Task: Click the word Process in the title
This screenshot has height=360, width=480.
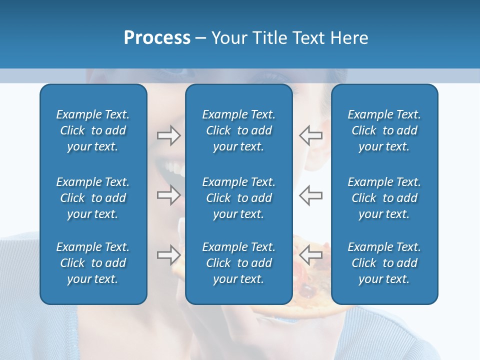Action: (x=157, y=38)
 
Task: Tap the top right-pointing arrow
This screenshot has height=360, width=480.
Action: (x=168, y=135)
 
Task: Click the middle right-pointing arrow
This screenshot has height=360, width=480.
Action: (x=168, y=195)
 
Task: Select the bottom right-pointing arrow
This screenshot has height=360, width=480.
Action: (x=168, y=255)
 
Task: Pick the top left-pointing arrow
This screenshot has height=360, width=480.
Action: (x=311, y=135)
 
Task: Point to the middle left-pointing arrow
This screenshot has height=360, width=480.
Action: (x=311, y=195)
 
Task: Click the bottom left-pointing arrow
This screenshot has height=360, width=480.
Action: (x=311, y=255)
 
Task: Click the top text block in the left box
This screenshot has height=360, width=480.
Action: (x=93, y=130)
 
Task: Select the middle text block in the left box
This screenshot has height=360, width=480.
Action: (x=93, y=198)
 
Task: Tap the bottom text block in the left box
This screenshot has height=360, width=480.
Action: (x=93, y=263)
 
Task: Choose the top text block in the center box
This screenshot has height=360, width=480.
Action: (x=238, y=130)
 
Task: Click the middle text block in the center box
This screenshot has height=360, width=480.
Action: (x=238, y=198)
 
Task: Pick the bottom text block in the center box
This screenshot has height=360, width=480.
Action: (x=238, y=263)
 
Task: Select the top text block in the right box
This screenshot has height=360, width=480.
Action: (x=384, y=130)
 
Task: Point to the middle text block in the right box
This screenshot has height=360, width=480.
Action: (x=384, y=198)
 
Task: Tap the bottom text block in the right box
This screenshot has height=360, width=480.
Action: (x=384, y=263)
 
